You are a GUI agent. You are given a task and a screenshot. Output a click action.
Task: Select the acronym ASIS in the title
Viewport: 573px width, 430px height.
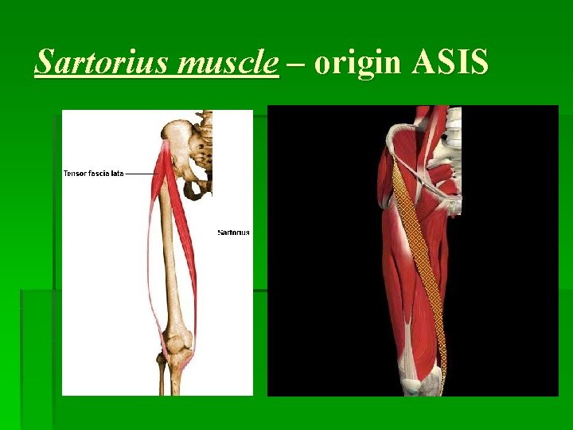coord(450,61)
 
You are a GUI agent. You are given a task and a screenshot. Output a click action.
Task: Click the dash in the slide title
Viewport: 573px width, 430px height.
coord(297,64)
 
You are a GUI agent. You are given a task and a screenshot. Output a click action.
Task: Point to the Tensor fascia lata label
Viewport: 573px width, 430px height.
coord(93,173)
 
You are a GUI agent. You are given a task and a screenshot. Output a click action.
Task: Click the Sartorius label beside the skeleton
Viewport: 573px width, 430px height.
coord(233,233)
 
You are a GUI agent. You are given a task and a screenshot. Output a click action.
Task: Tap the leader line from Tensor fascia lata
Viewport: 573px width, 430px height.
coord(141,173)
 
